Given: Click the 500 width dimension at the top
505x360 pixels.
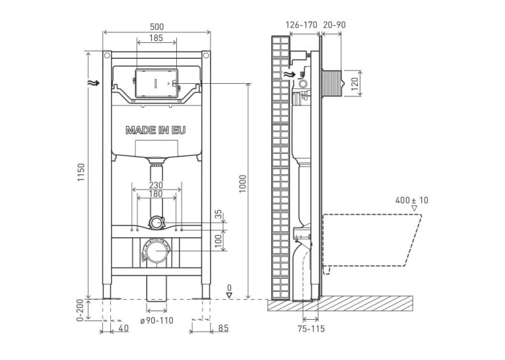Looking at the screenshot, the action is point(156,26).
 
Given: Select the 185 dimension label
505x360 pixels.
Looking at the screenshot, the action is point(156,38).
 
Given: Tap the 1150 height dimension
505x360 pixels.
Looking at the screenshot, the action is point(81,172).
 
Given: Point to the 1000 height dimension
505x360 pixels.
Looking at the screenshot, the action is point(242,184).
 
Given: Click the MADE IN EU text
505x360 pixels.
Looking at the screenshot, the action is point(156,130).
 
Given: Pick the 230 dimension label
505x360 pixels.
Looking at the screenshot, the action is point(156,186).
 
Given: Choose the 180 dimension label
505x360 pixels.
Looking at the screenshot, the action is point(156,194).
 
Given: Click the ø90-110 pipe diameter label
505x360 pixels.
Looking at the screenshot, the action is point(157,320).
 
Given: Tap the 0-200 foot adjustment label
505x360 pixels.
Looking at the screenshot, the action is point(80,310).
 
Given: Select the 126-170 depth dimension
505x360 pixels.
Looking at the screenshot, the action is point(302,24).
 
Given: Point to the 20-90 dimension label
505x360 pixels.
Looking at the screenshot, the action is point(334,24).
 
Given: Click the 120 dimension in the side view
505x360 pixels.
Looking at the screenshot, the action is point(354,83).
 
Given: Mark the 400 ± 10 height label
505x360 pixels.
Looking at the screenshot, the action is point(412,200).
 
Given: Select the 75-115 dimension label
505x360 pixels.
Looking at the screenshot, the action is point(311,329).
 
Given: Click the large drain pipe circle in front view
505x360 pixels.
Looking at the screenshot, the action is point(156,251).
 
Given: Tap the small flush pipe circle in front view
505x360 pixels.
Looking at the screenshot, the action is point(157,223).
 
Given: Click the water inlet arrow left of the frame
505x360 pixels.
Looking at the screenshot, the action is point(93,83).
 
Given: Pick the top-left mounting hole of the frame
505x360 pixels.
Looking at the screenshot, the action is point(107,55).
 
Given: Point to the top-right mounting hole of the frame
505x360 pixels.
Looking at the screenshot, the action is point(207,55).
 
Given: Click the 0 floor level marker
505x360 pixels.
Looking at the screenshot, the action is point(229,291).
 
